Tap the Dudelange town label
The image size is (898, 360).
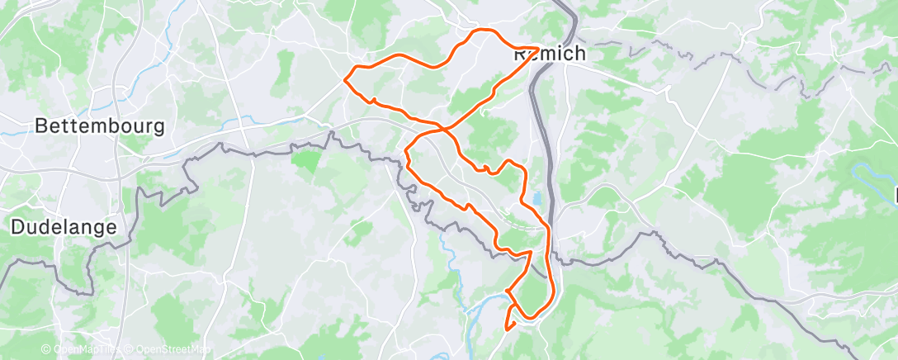[x=64, y=227]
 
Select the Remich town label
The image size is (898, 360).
[x=550, y=54]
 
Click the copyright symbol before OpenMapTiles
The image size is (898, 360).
[x=46, y=350]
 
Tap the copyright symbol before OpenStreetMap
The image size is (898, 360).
[x=130, y=350]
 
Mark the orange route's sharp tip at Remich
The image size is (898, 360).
[x=538, y=48]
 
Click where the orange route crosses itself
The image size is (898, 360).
[x=444, y=130]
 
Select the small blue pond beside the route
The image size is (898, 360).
[x=538, y=199]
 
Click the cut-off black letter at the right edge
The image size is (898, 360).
[x=895, y=196]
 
